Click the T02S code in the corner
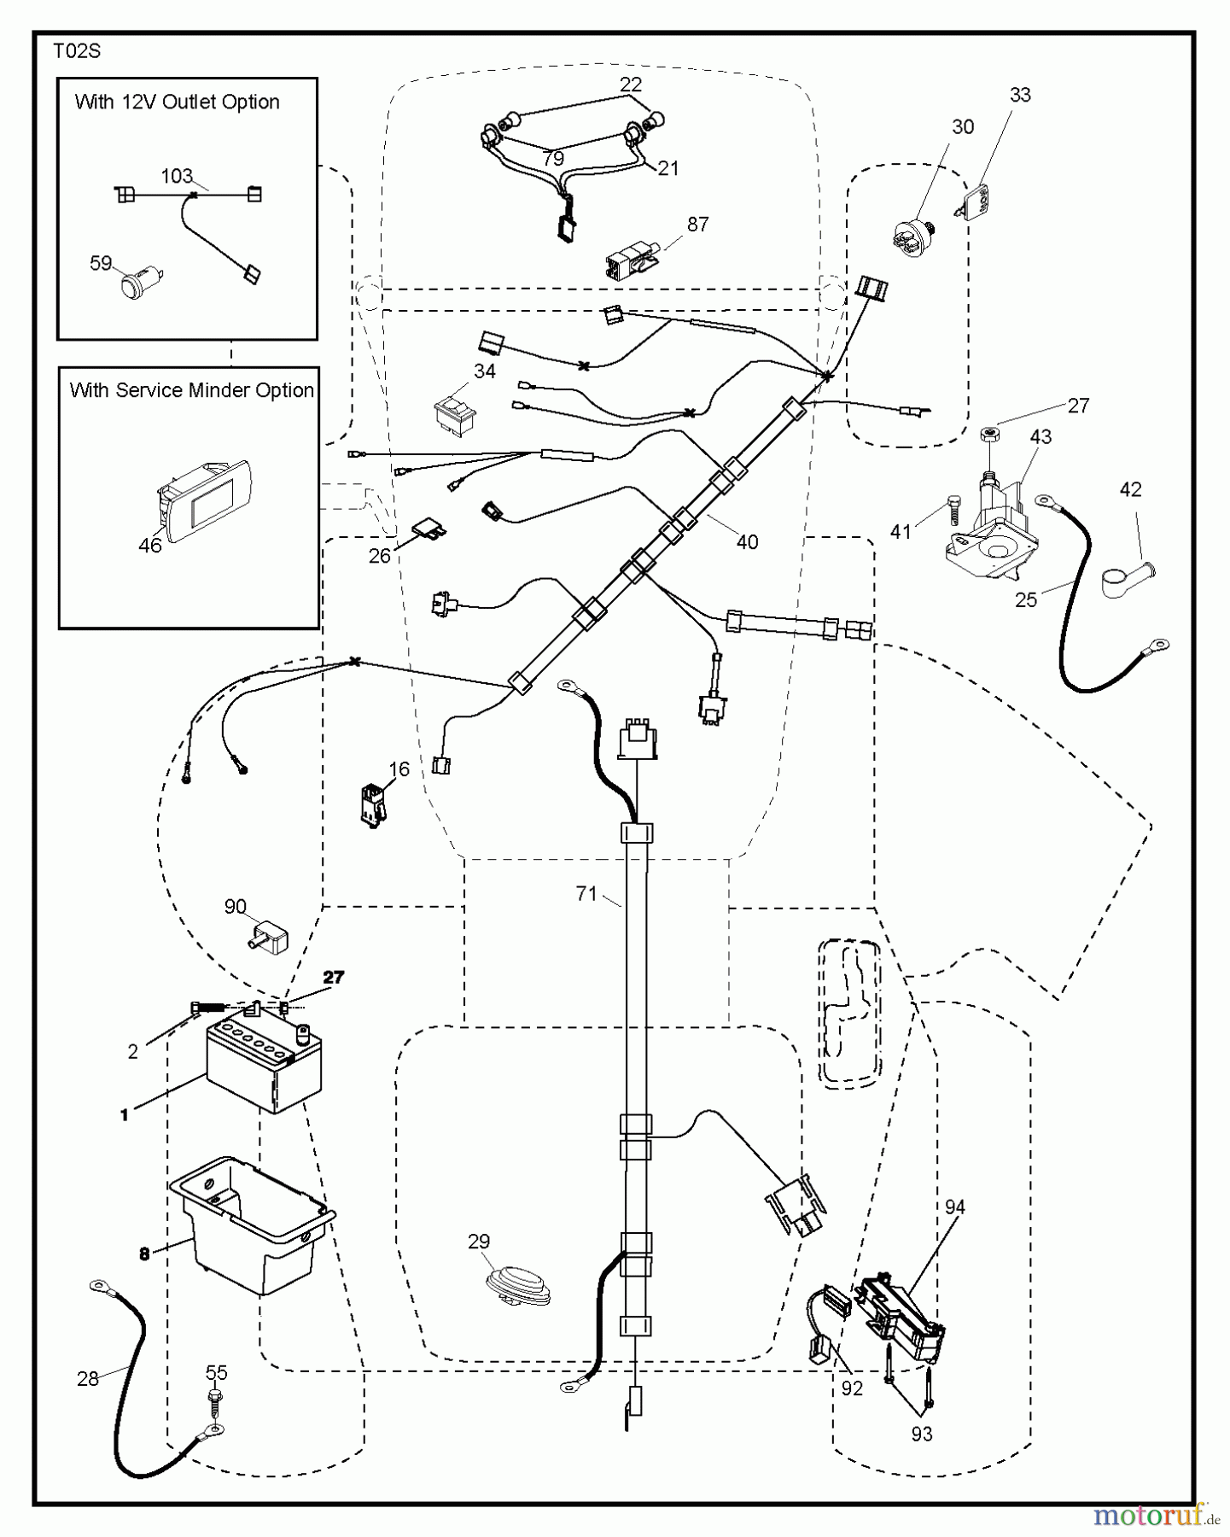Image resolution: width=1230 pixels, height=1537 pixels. [x=77, y=51]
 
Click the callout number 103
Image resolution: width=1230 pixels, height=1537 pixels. [x=177, y=176]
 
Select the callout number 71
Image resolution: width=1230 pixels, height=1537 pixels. [x=586, y=894]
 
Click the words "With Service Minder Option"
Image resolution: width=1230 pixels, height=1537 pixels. [x=192, y=390]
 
